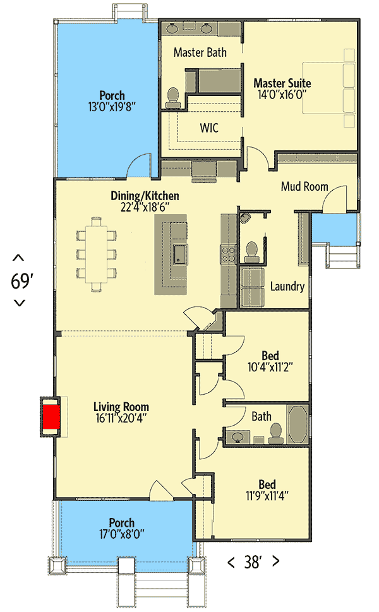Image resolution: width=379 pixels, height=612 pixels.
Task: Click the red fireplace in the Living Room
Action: click(51, 417)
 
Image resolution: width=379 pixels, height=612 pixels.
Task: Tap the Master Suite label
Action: click(282, 83)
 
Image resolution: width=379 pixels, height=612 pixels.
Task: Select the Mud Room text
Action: click(304, 186)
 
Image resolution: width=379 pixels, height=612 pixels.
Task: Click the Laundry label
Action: click(287, 286)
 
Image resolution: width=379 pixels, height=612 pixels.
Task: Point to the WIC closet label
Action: click(209, 128)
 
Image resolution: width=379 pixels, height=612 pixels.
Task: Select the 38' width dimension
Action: click(253, 562)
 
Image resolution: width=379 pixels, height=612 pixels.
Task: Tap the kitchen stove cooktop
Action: click(227, 255)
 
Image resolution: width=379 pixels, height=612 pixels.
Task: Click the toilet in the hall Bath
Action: click(275, 432)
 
